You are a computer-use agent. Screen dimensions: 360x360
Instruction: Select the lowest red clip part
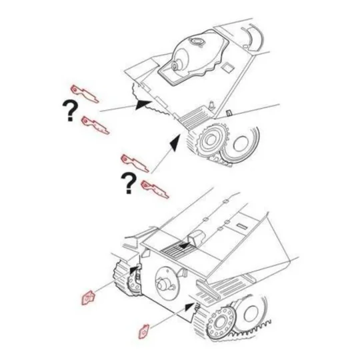pos(143,329)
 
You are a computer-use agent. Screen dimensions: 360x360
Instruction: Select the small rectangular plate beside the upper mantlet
pos(229,67)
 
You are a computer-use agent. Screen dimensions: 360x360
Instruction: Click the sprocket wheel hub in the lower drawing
pos(220,324)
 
